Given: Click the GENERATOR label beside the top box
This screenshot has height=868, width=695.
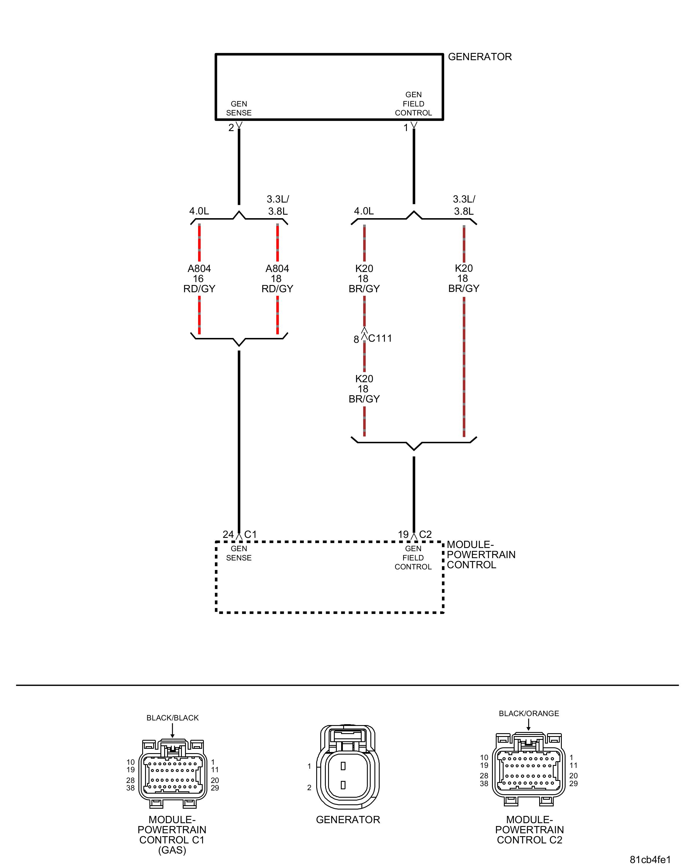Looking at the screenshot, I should click(480, 57).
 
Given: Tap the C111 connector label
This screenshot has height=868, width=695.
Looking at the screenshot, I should click(380, 338).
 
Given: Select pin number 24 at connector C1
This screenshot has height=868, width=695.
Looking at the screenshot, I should click(228, 534).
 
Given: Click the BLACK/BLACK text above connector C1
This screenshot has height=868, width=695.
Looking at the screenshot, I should click(172, 718).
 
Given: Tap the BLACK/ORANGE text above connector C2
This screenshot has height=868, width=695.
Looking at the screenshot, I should click(528, 713).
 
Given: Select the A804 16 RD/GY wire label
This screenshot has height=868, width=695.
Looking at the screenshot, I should click(199, 279).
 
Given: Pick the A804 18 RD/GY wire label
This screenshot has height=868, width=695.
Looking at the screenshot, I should click(277, 279).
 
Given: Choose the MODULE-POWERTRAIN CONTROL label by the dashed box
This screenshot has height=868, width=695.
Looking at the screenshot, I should click(481, 555).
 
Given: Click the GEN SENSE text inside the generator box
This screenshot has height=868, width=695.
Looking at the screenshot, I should click(239, 108).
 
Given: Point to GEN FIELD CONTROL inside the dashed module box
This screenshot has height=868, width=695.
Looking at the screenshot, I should click(413, 558).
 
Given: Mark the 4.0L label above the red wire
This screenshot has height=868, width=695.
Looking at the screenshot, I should click(199, 211).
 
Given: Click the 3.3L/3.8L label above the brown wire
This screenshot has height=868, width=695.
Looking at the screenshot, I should click(464, 205).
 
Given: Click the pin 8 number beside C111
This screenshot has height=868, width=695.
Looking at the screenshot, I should click(356, 339).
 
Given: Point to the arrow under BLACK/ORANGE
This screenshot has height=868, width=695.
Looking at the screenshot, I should click(528, 725).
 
